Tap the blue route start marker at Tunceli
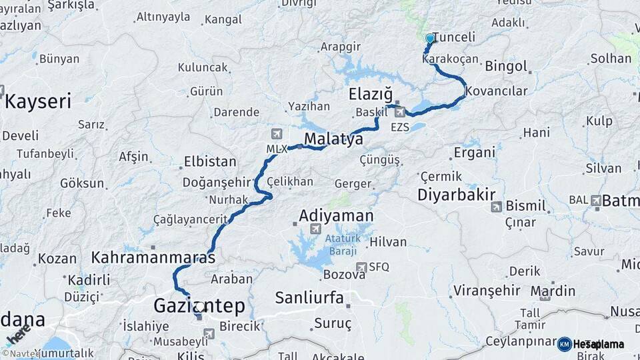point(429,39)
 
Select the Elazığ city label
point(371,94)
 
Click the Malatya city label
point(333,139)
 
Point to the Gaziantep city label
point(199,306)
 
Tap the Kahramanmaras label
point(153,257)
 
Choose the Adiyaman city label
point(336,216)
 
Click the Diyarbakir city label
point(457,195)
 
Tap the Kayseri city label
point(38,101)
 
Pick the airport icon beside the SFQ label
point(361,267)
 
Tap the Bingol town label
point(506,67)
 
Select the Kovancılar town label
point(497,91)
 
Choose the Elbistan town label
point(209,161)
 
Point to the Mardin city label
point(553,291)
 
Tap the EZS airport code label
point(400,126)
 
